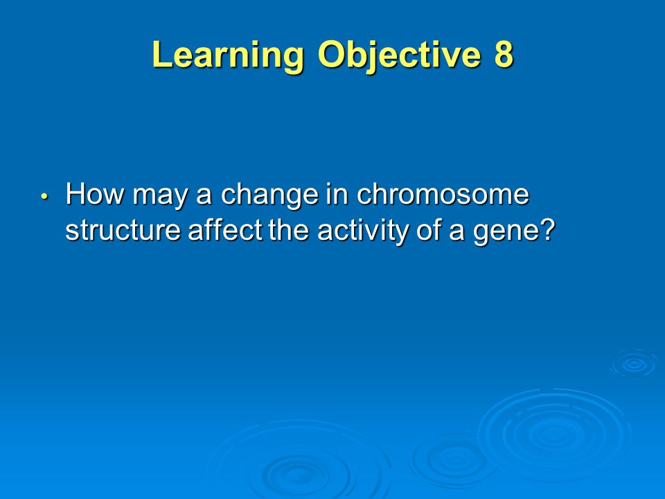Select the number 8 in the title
click(x=504, y=54)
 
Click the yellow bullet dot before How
click(x=44, y=196)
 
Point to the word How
click(x=95, y=193)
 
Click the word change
click(x=269, y=195)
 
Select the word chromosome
click(x=443, y=193)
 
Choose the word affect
click(x=224, y=230)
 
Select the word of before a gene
click(x=429, y=230)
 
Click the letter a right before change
click(x=204, y=197)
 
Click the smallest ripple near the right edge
click(x=635, y=363)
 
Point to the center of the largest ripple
click(x=553, y=432)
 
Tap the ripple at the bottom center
click(x=299, y=471)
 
